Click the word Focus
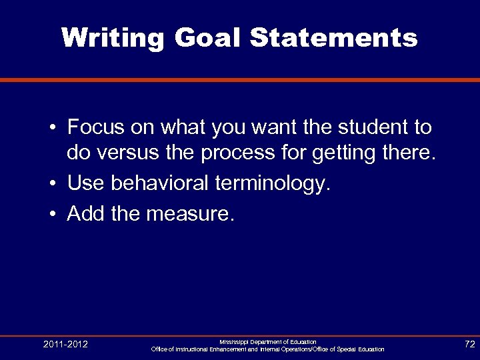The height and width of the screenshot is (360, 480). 95,127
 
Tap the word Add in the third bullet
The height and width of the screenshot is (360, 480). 85,213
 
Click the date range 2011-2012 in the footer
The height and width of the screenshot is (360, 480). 65,345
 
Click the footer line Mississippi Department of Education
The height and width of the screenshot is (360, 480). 267,341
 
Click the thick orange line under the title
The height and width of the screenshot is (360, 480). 240,80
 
